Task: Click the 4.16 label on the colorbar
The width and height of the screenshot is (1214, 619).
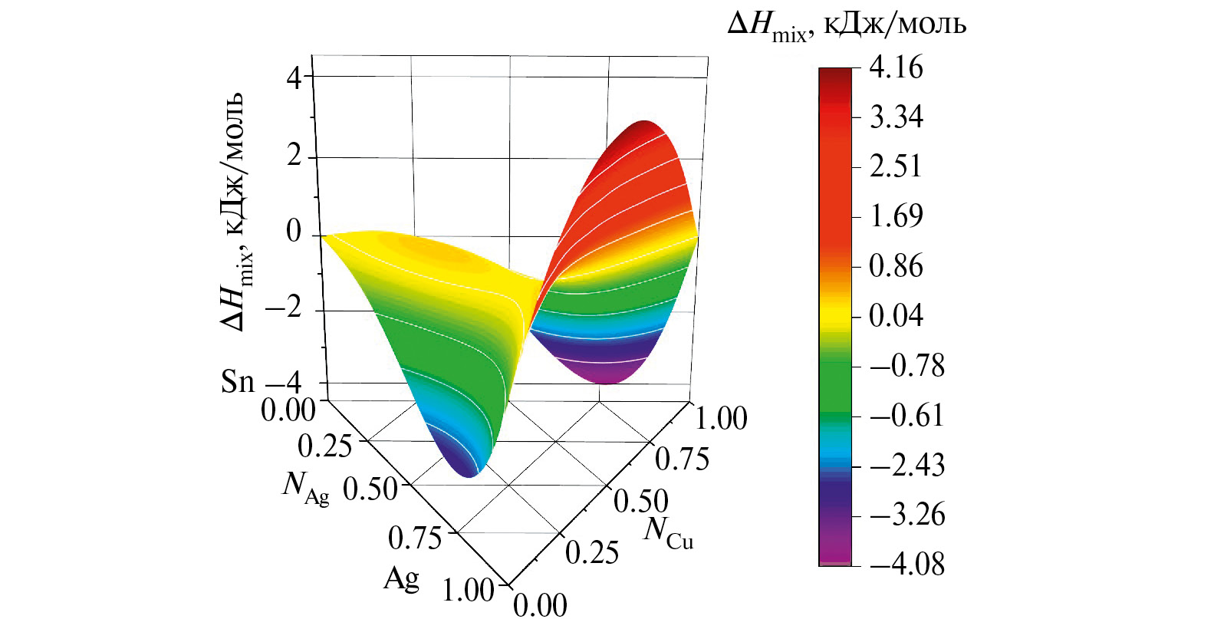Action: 896,68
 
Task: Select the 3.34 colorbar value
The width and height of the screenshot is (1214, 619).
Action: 896,117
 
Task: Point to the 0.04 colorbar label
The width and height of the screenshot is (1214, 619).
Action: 896,315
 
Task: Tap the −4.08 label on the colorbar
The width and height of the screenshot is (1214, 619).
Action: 906,565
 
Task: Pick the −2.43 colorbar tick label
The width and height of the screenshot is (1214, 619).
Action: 906,466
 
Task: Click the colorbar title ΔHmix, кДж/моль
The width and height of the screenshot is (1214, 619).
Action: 847,25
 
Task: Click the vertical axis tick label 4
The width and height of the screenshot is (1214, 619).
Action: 294,78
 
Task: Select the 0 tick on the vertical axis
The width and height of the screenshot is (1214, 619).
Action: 294,232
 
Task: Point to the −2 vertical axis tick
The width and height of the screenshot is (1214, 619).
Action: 284,309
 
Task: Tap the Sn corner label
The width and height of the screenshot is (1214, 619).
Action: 238,381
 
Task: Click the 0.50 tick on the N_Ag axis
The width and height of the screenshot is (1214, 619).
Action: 370,489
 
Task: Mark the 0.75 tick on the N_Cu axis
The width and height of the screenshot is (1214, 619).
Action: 682,459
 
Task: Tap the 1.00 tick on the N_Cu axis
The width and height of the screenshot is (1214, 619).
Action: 721,419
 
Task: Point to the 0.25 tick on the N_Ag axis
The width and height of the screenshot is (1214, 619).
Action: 324,446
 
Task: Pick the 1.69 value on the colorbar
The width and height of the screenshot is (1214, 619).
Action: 896,216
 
